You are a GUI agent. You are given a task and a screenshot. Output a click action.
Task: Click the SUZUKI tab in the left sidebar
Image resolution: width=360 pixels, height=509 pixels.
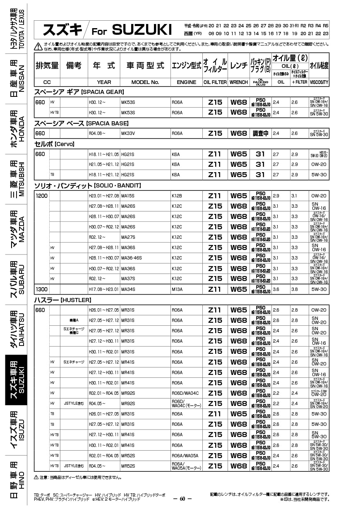pos(16,380)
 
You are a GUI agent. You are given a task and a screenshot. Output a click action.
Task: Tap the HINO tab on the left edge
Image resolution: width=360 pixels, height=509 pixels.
pos(16,480)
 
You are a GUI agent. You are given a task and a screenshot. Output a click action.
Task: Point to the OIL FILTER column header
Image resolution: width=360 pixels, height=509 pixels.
pos(215,82)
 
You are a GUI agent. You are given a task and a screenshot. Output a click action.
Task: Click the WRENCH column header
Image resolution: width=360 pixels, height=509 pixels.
pos(239,82)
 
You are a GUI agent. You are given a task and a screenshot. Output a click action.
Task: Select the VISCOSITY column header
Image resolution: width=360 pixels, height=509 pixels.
pos(319,82)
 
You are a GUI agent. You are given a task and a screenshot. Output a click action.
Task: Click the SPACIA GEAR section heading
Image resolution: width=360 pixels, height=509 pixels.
pos(79,92)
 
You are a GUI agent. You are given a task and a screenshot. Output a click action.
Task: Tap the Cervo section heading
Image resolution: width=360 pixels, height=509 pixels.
pos(54,144)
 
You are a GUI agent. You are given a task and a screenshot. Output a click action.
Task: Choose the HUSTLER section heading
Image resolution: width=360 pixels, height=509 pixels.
pos(62,300)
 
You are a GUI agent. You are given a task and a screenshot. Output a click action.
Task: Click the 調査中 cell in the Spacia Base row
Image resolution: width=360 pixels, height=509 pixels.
pos(261,133)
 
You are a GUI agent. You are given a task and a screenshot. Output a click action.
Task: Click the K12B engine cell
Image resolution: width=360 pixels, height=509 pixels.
pos(177,196)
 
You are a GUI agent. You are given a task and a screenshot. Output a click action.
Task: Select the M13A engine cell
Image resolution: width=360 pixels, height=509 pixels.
pos(177,289)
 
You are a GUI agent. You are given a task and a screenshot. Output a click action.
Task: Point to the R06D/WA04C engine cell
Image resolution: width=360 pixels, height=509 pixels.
pos(185,393)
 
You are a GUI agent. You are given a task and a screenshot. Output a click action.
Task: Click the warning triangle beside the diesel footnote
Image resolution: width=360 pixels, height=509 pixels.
pos(36,478)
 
